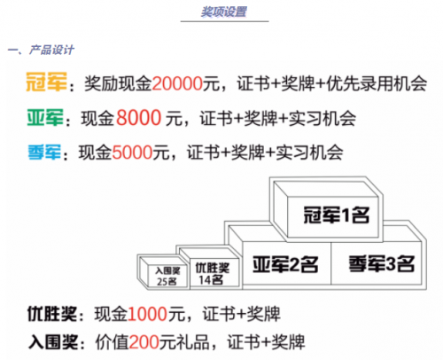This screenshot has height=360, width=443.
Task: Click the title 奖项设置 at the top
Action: click(x=224, y=12)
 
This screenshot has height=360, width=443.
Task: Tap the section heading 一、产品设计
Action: click(x=41, y=50)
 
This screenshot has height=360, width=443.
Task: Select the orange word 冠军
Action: click(x=46, y=82)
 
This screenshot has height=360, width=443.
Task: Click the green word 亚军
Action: click(x=45, y=118)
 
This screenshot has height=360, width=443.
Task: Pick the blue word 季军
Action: click(x=44, y=153)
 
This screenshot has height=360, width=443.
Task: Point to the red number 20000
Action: click(x=177, y=83)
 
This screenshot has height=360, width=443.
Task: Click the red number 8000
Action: click(x=138, y=118)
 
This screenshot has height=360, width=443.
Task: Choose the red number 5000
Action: click(x=132, y=153)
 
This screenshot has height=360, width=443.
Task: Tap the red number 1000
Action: click(x=147, y=314)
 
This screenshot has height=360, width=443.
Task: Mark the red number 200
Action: click(x=144, y=342)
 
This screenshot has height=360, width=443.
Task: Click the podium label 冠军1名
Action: click(x=337, y=215)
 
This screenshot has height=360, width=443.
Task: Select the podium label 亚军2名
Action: click(x=285, y=264)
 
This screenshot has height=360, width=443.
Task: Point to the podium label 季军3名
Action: click(x=382, y=263)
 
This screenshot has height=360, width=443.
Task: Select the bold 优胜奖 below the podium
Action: click(x=52, y=314)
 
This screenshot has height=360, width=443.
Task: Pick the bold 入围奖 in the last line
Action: click(x=53, y=342)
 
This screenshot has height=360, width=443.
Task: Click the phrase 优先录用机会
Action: click(x=377, y=83)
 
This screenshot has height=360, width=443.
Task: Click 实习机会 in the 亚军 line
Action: click(x=322, y=118)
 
